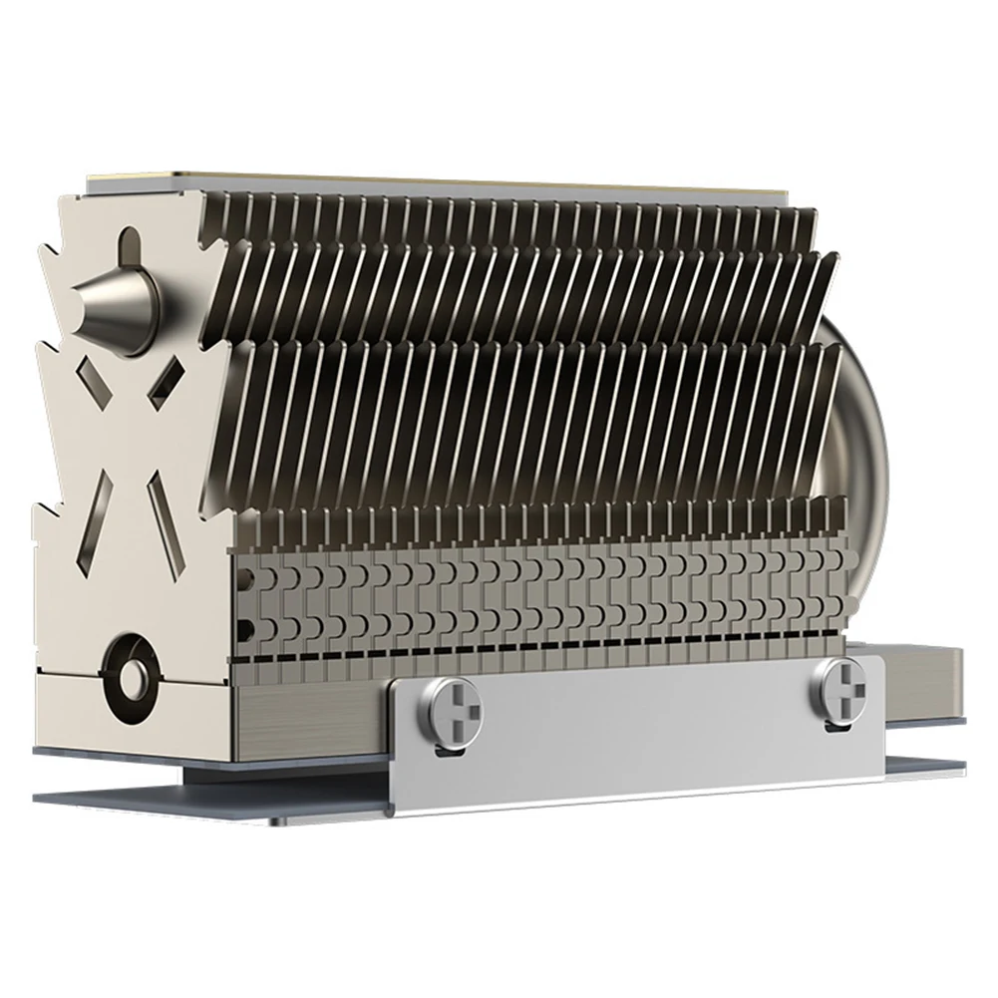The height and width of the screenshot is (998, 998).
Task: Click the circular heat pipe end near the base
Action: (x=129, y=677)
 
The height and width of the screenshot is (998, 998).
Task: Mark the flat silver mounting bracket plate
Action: (x=638, y=743)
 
